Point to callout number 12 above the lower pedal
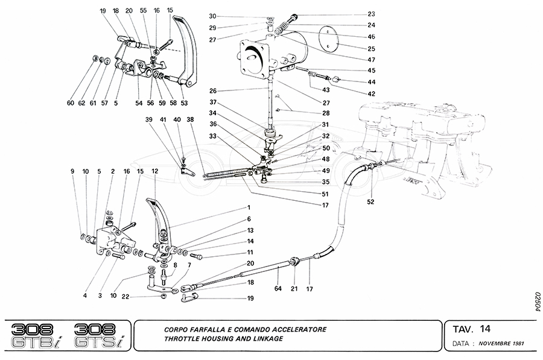click(155, 172)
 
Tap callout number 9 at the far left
click(72, 172)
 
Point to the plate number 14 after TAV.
click(486, 329)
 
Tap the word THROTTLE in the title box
click(182, 338)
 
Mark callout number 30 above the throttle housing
click(212, 16)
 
